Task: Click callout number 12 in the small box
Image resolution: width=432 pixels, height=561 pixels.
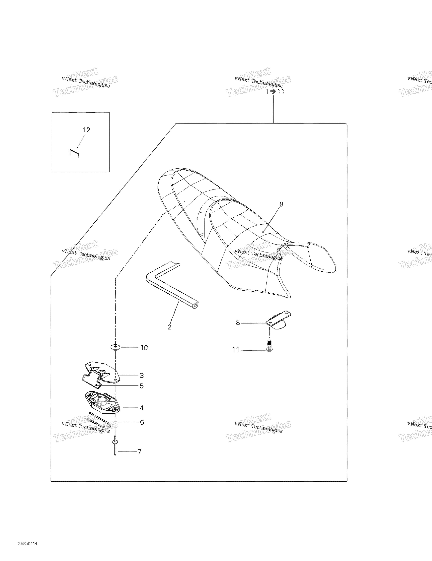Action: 86,130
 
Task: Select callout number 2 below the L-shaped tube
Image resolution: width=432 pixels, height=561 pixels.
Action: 170,327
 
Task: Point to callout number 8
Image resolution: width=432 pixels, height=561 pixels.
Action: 238,323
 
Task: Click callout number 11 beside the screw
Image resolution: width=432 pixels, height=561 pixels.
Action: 236,350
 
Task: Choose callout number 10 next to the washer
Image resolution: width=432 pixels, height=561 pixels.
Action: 144,348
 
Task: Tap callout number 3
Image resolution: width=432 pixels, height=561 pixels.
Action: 142,376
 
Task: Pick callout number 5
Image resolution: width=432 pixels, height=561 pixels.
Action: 142,386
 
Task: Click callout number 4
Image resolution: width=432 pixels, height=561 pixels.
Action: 142,408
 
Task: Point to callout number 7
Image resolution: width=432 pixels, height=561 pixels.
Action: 140,452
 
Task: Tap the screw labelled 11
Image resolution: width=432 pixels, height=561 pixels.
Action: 269,346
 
